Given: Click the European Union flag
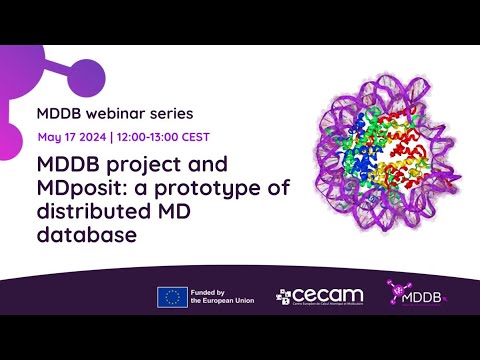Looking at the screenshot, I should point(172,297).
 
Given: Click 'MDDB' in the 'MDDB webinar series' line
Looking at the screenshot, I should point(59,109).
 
